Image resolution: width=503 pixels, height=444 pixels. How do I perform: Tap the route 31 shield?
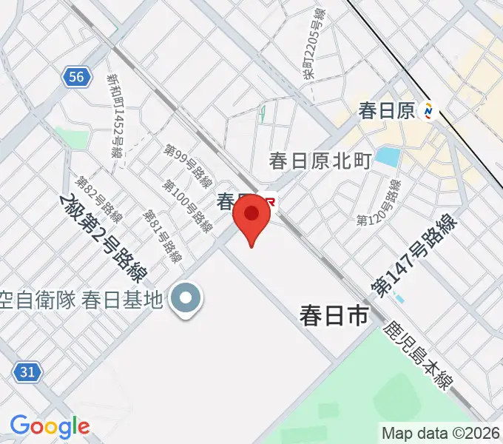point(27,372)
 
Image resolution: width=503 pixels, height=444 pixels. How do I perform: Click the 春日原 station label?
point(386,111)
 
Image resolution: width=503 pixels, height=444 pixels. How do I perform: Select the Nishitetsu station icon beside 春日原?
point(428,111)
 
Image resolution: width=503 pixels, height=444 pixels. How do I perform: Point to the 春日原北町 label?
point(320,161)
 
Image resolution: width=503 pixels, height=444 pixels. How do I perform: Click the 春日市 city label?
point(334,316)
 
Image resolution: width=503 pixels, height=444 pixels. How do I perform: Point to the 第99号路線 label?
point(188,168)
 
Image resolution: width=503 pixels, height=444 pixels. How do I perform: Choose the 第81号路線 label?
point(163,235)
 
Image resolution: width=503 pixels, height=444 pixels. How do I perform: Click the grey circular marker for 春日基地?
point(185,299)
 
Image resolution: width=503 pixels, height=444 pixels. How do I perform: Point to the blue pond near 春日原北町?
point(387,157)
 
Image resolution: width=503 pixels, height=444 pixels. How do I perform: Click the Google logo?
point(50,426)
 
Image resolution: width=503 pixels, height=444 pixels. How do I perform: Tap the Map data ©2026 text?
point(441,433)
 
